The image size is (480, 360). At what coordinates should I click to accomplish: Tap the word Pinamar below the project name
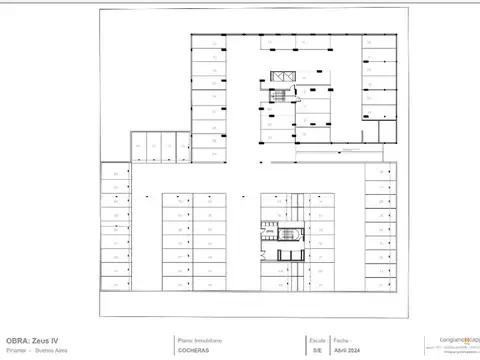click(x=16, y=352)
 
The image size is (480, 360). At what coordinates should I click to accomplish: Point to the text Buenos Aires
click(x=51, y=352)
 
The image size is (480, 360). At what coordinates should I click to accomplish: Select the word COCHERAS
click(x=194, y=352)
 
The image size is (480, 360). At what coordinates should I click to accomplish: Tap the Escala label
click(x=317, y=339)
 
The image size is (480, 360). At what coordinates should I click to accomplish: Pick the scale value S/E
click(x=317, y=352)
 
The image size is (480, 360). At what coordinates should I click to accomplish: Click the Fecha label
click(x=341, y=339)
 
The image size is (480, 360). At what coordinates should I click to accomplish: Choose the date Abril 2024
click(x=347, y=352)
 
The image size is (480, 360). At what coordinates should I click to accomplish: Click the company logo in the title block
click(x=452, y=343)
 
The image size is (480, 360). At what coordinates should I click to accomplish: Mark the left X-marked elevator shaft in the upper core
click(x=279, y=77)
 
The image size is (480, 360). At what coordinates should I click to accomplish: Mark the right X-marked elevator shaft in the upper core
click(x=291, y=77)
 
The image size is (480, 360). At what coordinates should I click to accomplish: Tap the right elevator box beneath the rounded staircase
click(x=294, y=254)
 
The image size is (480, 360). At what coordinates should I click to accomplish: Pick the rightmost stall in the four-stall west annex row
click(x=182, y=147)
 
